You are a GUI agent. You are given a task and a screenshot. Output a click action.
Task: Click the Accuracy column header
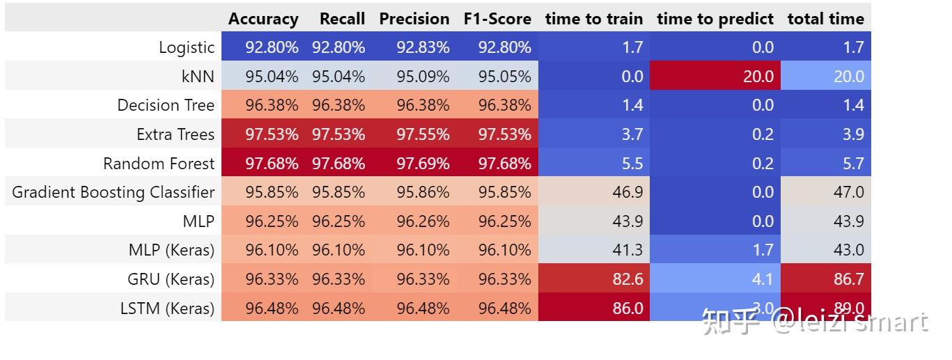(x=263, y=19)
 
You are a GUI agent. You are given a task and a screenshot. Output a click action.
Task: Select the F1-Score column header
(x=497, y=19)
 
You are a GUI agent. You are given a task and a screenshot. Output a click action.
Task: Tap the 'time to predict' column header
(x=715, y=19)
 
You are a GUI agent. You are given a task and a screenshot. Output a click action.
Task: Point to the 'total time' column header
(x=825, y=19)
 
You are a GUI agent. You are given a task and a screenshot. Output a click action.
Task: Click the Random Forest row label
(x=159, y=164)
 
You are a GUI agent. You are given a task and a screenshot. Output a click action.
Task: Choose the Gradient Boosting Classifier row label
(x=114, y=193)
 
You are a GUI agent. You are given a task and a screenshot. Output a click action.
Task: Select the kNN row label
(x=198, y=77)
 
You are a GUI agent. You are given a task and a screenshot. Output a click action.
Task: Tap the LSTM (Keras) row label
(x=167, y=308)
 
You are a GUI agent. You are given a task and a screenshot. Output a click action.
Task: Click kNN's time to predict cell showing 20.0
(x=758, y=77)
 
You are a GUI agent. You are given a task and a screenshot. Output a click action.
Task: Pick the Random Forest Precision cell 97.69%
(x=423, y=164)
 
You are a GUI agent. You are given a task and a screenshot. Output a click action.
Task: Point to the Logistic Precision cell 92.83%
(x=423, y=47)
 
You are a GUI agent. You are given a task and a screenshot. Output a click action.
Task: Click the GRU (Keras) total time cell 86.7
(x=848, y=279)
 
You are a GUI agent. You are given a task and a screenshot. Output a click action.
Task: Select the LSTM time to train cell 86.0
(x=627, y=308)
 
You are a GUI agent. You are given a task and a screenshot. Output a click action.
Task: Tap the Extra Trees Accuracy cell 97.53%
(x=272, y=134)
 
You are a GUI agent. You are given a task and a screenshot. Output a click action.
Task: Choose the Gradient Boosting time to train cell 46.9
(x=627, y=193)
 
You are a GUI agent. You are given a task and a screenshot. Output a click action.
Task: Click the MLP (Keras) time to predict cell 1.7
(x=763, y=250)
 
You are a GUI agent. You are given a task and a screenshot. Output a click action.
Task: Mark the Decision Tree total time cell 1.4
(x=853, y=105)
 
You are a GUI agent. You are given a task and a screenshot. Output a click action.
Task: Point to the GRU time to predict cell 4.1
(x=763, y=279)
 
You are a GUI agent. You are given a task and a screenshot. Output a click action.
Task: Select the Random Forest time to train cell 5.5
(x=632, y=164)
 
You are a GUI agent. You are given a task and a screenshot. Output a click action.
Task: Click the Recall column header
(x=343, y=19)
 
